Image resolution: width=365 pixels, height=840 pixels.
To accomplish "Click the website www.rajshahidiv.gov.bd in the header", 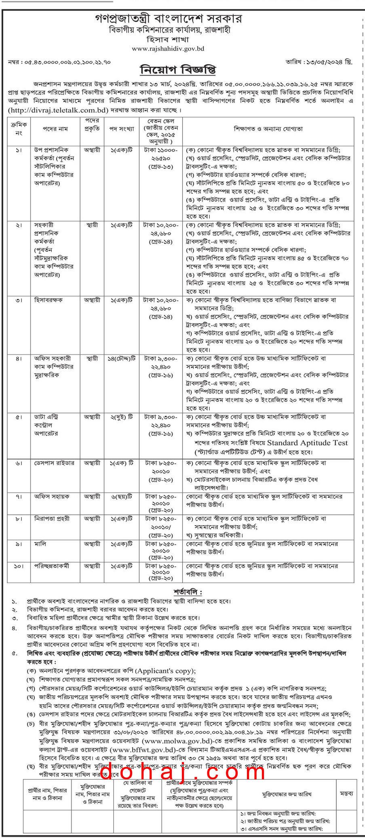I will pos(168,49).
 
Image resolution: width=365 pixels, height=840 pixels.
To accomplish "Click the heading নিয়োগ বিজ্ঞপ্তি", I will pos(178,69).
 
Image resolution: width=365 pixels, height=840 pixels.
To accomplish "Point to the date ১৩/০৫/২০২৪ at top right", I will pos(329,62).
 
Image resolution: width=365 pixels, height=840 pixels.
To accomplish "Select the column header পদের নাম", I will pos(55,129).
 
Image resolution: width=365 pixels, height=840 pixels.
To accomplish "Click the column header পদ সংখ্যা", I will pos(121,129).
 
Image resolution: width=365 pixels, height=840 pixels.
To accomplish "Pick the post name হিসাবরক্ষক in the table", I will pos(49,300).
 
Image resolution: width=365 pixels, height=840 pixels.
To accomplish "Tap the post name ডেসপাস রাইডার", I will pos(54,463).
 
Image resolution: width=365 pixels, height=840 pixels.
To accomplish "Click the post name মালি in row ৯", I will pos(40,544).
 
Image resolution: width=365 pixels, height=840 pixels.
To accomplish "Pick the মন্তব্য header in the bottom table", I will pos(346,794).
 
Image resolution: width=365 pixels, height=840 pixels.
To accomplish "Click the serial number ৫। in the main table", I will pos(19,417).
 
